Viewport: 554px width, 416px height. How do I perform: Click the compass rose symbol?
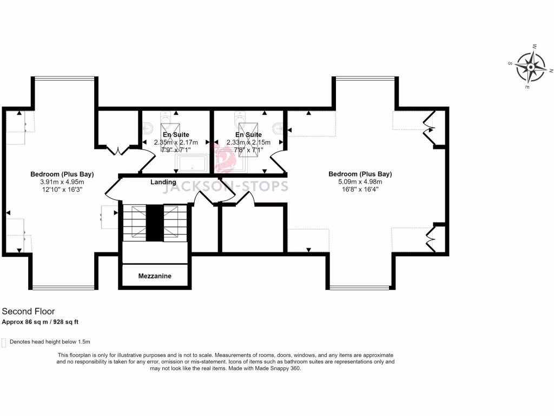pos(531,67)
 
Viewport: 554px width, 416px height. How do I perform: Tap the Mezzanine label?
pos(155,276)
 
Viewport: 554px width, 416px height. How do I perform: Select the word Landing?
pos(163,183)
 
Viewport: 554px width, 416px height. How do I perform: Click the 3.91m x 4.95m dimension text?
pos(62,182)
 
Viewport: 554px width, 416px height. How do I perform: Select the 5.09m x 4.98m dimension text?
pos(360,182)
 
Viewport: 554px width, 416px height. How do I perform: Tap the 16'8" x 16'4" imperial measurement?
pos(360,190)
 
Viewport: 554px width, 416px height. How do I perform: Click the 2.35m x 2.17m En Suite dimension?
pos(176,142)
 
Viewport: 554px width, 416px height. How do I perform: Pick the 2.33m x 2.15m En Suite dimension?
pos(248,142)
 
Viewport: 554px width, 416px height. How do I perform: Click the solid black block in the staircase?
pos(155,223)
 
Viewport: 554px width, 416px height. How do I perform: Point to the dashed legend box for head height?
pos(4,342)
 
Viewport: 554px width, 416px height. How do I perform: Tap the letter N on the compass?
pos(551,71)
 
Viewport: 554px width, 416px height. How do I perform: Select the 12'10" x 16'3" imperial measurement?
pos(62,190)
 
